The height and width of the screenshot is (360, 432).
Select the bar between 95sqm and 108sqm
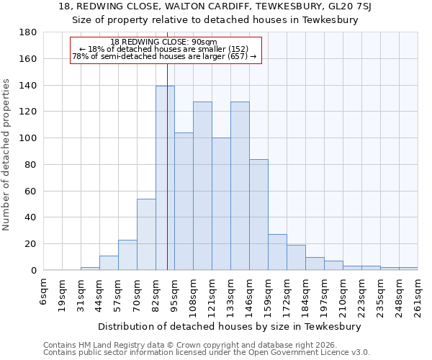[184, 202]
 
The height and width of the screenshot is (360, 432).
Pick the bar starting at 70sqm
[146, 234]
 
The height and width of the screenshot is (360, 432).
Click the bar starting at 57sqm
[127, 255]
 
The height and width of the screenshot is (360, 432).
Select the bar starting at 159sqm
[277, 252]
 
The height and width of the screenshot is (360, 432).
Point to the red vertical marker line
[167, 180]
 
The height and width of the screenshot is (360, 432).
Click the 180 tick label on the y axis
[27, 32]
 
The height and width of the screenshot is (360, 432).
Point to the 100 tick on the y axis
[27, 138]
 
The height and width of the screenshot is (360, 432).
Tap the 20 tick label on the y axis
[30, 244]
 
